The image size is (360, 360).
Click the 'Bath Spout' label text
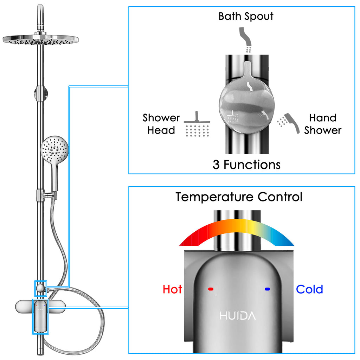point(246,16)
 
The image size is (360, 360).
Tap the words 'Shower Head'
point(161,124)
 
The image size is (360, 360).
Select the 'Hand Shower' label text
point(323,124)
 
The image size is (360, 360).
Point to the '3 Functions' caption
point(246,165)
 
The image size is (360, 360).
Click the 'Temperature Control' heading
point(239,197)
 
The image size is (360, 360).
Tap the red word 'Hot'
point(172,289)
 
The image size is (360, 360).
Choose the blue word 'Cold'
point(309,289)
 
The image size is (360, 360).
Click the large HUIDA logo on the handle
point(238,316)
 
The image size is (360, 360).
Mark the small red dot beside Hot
point(211,289)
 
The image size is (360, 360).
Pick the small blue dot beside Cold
point(267,289)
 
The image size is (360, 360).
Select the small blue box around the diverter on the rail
point(40,288)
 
